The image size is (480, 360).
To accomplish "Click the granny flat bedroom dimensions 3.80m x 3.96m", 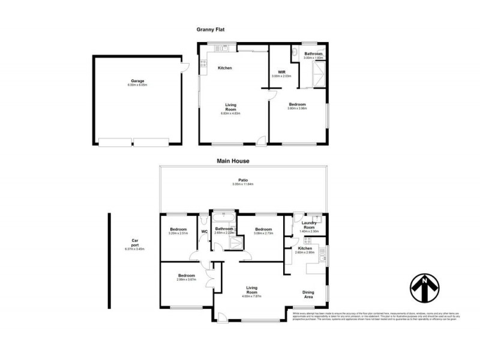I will click(x=297, y=108).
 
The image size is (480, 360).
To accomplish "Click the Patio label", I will click(x=242, y=179).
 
